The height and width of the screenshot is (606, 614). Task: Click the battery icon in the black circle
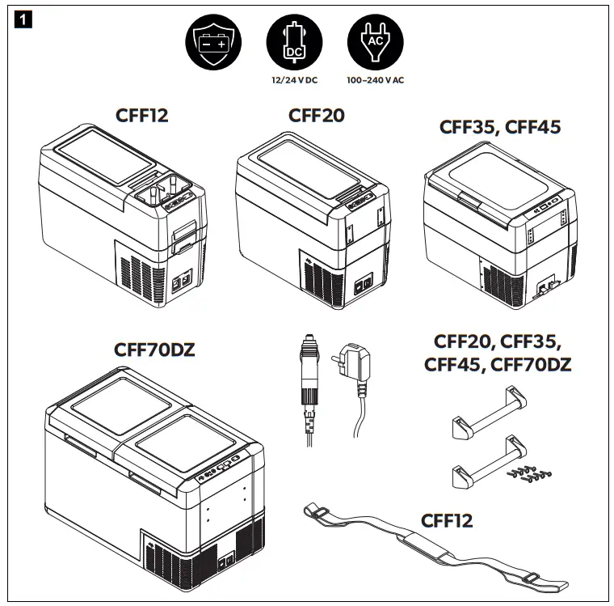click(212, 43)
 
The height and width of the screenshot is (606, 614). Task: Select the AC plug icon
click(374, 43)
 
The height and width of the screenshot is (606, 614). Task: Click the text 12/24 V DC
click(294, 81)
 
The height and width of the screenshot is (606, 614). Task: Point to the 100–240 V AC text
click(374, 81)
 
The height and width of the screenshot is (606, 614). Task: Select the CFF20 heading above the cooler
click(317, 116)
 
